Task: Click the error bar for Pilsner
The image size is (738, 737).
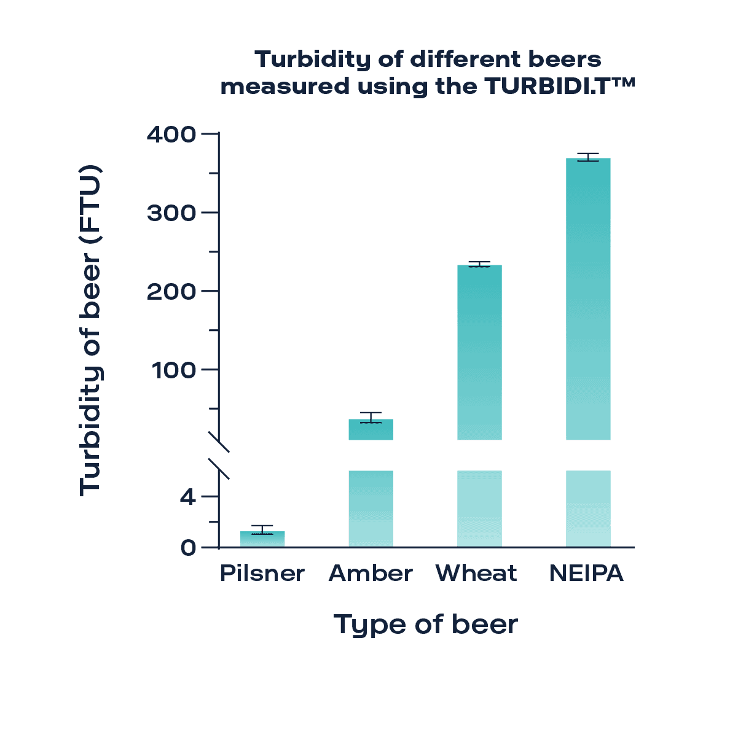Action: click(262, 529)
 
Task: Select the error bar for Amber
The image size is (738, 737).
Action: click(371, 418)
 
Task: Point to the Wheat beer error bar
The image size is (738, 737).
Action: click(479, 265)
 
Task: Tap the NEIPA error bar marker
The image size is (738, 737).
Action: click(588, 157)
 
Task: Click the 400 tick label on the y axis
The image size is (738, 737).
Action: click(171, 134)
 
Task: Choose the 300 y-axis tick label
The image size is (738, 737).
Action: click(171, 213)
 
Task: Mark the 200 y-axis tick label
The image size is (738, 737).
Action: click(171, 291)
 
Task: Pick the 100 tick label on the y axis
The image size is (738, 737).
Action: click(174, 370)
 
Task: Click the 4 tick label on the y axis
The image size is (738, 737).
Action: click(188, 496)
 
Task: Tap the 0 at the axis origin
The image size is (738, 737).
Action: click(188, 547)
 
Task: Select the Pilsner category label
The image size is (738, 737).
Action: click(262, 574)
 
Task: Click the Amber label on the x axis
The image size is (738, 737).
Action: click(371, 574)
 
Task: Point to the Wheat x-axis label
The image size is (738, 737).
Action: click(476, 574)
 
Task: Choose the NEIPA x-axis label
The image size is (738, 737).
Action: click(586, 574)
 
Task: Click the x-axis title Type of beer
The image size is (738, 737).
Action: click(426, 625)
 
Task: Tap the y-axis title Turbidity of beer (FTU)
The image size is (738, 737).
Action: click(90, 330)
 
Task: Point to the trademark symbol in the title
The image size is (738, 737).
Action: click(623, 82)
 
